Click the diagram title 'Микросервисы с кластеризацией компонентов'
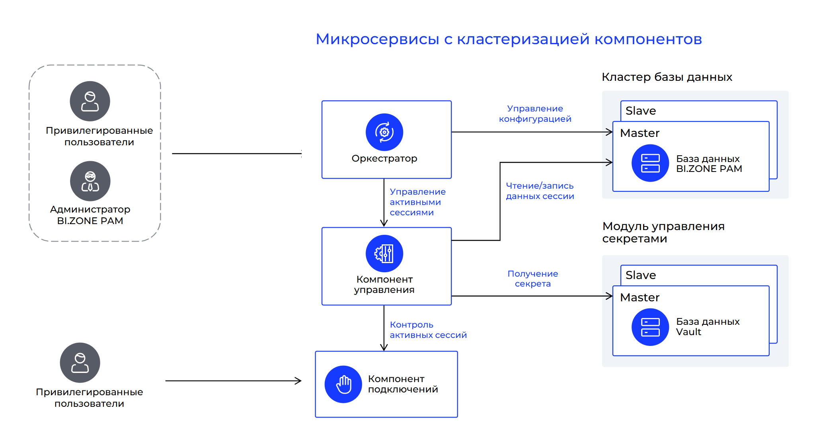tap(509, 39)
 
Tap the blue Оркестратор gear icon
tap(384, 132)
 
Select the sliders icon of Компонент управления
tap(384, 254)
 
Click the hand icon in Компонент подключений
tap(343, 384)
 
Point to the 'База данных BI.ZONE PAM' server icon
tap(650, 163)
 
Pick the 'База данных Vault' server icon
tap(650, 327)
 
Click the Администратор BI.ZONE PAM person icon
tap(90, 181)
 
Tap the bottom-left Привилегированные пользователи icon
tap(80, 363)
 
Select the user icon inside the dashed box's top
tap(90, 101)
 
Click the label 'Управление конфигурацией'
tap(535, 114)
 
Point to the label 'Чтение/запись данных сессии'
tap(540, 191)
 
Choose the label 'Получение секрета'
tap(533, 279)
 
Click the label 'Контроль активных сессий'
tap(428, 330)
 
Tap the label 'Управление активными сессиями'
tap(418, 202)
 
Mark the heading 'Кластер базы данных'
tap(667, 77)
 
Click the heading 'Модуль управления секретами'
tap(663, 232)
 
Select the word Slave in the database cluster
tap(641, 111)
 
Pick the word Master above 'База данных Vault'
tap(640, 297)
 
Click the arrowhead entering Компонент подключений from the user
tap(298, 381)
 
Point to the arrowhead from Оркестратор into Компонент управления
tap(384, 223)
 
